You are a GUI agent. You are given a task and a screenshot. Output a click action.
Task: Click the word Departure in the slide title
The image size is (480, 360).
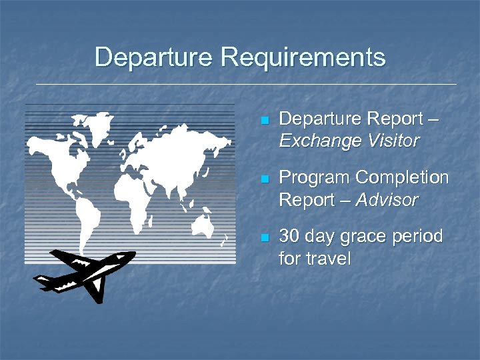click(151, 57)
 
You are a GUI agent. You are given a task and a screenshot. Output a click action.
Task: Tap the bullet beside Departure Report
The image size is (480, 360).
click(265, 121)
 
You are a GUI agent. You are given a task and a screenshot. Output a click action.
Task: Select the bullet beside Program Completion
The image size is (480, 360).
click(265, 179)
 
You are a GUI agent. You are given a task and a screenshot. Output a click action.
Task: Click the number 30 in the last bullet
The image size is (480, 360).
click(289, 237)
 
